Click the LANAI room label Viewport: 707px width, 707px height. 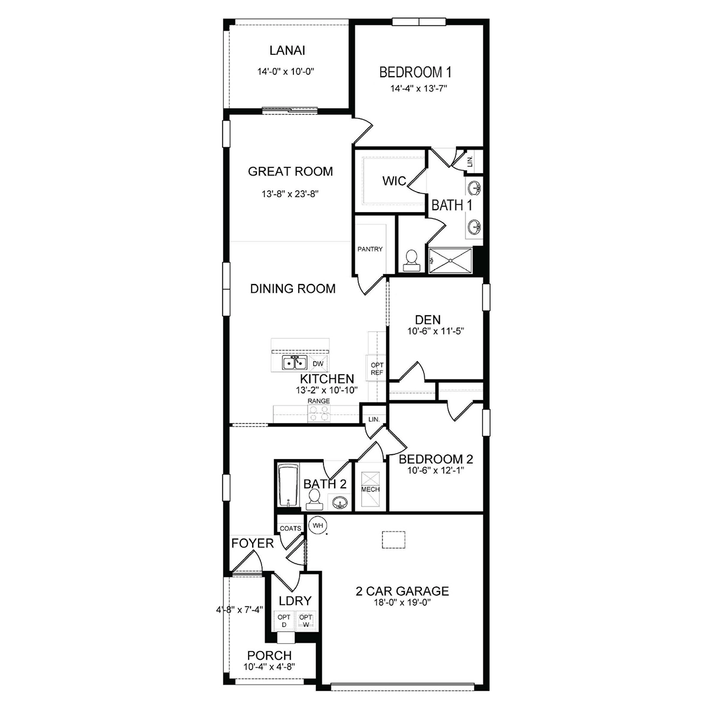click(x=287, y=51)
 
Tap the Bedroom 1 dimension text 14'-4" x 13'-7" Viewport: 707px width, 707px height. click(x=419, y=88)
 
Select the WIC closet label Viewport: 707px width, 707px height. click(x=394, y=181)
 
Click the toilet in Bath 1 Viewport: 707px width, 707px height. click(x=412, y=260)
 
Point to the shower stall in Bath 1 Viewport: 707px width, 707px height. click(x=451, y=260)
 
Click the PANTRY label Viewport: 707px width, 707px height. click(x=370, y=249)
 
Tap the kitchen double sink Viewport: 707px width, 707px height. click(x=294, y=363)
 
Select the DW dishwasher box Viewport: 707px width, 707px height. click(x=318, y=364)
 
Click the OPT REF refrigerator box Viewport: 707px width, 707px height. click(x=377, y=368)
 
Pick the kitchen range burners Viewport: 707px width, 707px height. click(x=319, y=414)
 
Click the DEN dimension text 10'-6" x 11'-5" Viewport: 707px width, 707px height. click(x=436, y=331)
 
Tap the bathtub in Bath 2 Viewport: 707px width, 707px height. click(x=288, y=485)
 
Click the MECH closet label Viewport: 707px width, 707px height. click(x=370, y=490)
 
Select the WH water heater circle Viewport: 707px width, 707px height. click(x=318, y=526)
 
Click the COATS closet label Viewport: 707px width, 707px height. click(x=290, y=528)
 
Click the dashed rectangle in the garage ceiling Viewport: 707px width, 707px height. click(x=394, y=540)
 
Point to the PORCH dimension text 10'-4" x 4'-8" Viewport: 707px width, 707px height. click(x=270, y=666)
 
